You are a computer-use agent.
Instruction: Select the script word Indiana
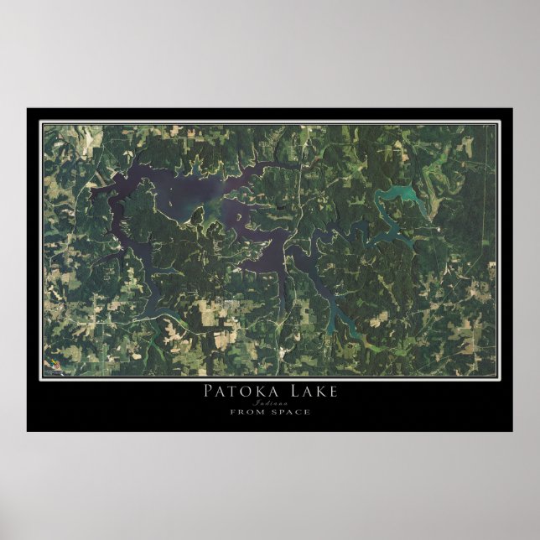coord(270,402)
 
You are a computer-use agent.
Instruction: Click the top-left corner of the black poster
coord(28,108)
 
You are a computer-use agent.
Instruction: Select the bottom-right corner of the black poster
coord(512,431)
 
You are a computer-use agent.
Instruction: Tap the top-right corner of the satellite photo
coord(496,126)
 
